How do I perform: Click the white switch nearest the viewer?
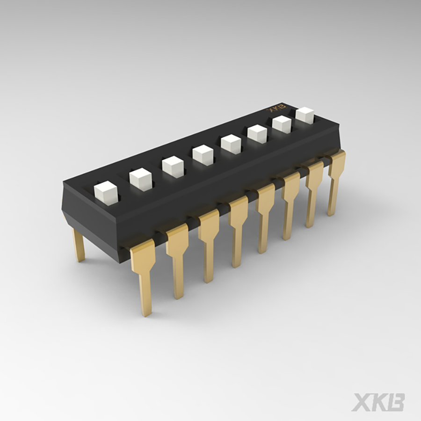pos(105,194)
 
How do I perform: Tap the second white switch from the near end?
pos(140,179)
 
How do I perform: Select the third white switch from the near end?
pos(173,167)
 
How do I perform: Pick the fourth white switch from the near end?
pos(203,154)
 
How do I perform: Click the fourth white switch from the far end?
pos(231,143)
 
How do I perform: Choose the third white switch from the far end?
pos(257,133)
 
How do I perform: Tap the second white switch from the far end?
pos(281,124)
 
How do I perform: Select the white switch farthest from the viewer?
pos(305,115)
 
